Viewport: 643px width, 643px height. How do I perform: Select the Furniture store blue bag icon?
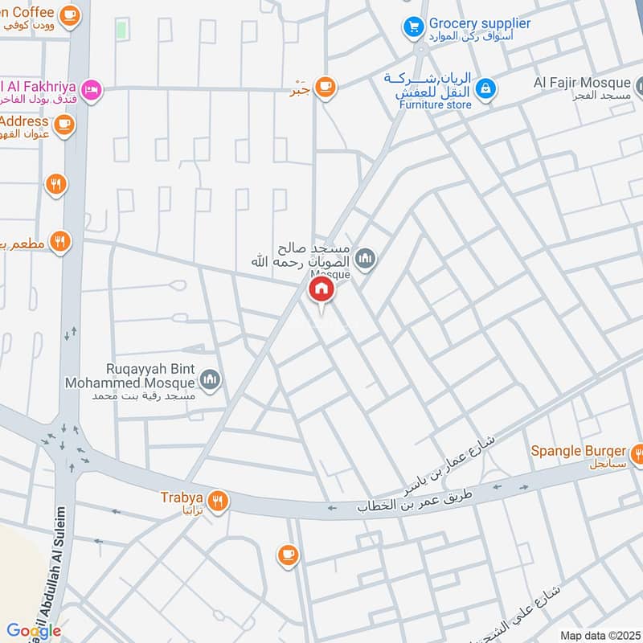(x=485, y=89)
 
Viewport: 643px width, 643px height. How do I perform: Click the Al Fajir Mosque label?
(x=583, y=82)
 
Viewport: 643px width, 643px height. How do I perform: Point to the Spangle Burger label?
(x=577, y=451)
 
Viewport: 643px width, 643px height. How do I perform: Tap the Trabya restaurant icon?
(x=218, y=502)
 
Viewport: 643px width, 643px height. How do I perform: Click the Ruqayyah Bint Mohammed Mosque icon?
(x=211, y=379)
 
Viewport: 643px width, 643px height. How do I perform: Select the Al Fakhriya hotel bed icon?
(x=93, y=89)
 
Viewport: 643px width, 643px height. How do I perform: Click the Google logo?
(x=34, y=631)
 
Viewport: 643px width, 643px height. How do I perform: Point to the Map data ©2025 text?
(x=600, y=635)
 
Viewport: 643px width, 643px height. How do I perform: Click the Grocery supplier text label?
(x=479, y=23)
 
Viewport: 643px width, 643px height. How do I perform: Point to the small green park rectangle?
(x=122, y=31)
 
